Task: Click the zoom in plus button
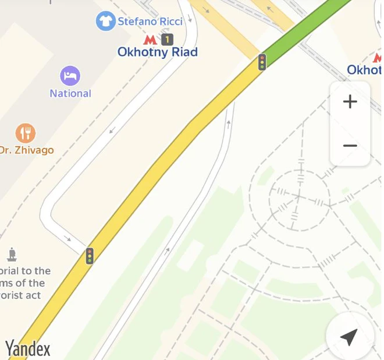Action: click(350, 102)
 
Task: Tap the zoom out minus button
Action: click(350, 145)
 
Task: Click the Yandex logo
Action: click(28, 349)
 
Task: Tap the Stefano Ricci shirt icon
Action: click(105, 22)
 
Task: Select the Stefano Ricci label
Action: click(150, 22)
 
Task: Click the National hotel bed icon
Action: click(70, 76)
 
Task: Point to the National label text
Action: click(70, 93)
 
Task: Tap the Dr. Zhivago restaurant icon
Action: click(25, 133)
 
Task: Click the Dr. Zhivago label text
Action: click(27, 150)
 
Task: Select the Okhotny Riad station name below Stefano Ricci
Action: click(158, 52)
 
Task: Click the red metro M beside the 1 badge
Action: click(150, 40)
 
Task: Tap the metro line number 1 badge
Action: click(168, 40)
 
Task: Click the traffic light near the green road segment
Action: click(262, 62)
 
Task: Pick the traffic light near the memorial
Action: click(90, 256)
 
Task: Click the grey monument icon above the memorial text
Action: click(12, 255)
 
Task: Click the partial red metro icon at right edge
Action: click(378, 58)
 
